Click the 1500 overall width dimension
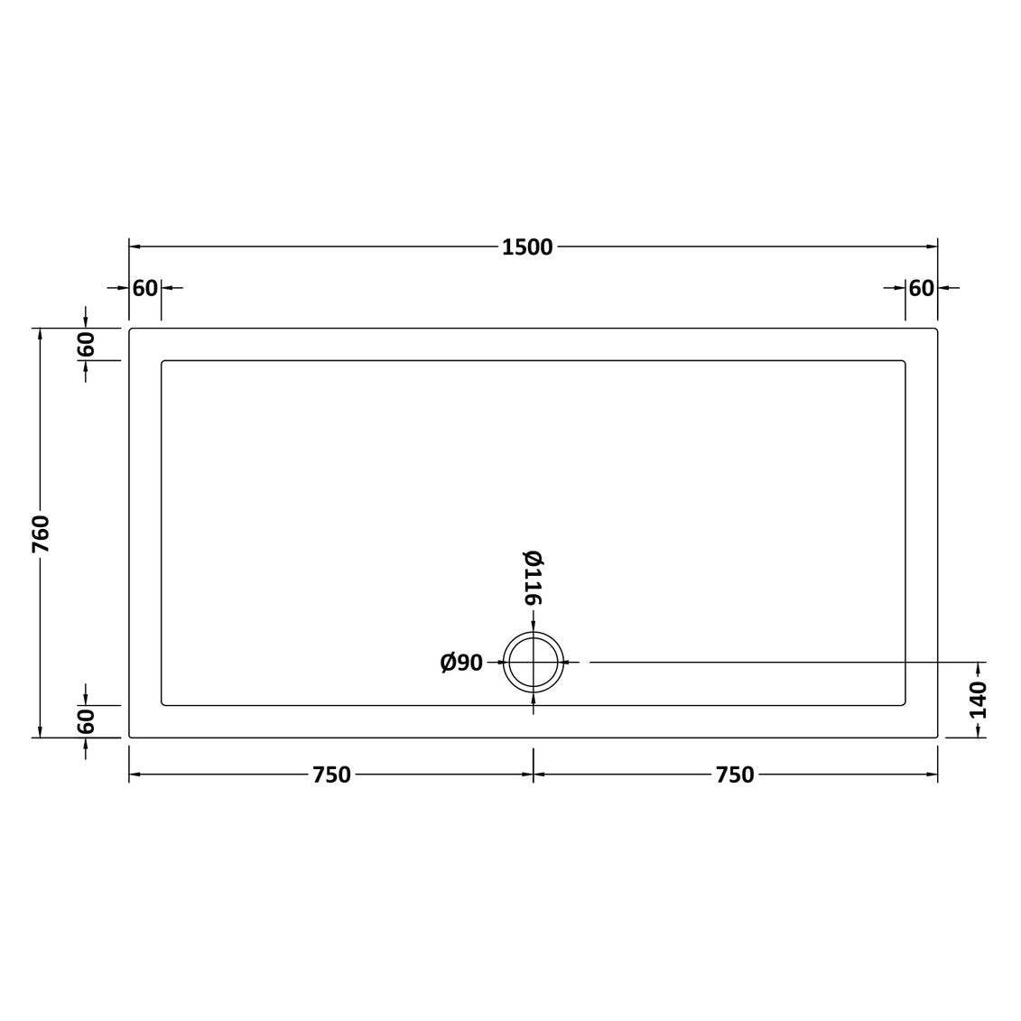(527, 247)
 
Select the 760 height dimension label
(41, 534)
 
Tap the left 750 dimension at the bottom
(331, 775)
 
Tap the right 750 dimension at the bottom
(735, 775)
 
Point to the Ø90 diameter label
(461, 663)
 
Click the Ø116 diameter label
(534, 578)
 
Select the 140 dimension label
(978, 700)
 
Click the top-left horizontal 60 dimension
(145, 288)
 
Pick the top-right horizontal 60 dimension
(922, 288)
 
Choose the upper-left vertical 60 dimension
(86, 344)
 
